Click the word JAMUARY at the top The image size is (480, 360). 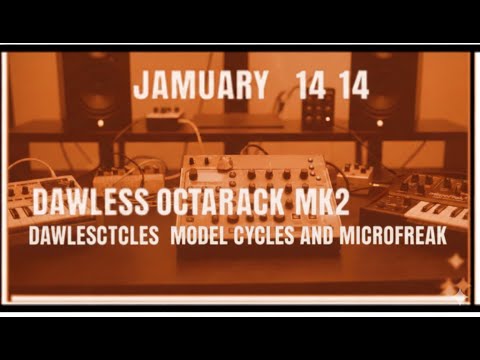(x=199, y=86)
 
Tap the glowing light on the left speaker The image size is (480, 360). (x=99, y=123)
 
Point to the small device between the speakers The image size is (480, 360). (x=164, y=121)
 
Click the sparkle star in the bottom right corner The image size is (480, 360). (x=458, y=291)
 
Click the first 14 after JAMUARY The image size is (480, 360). (x=311, y=86)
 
